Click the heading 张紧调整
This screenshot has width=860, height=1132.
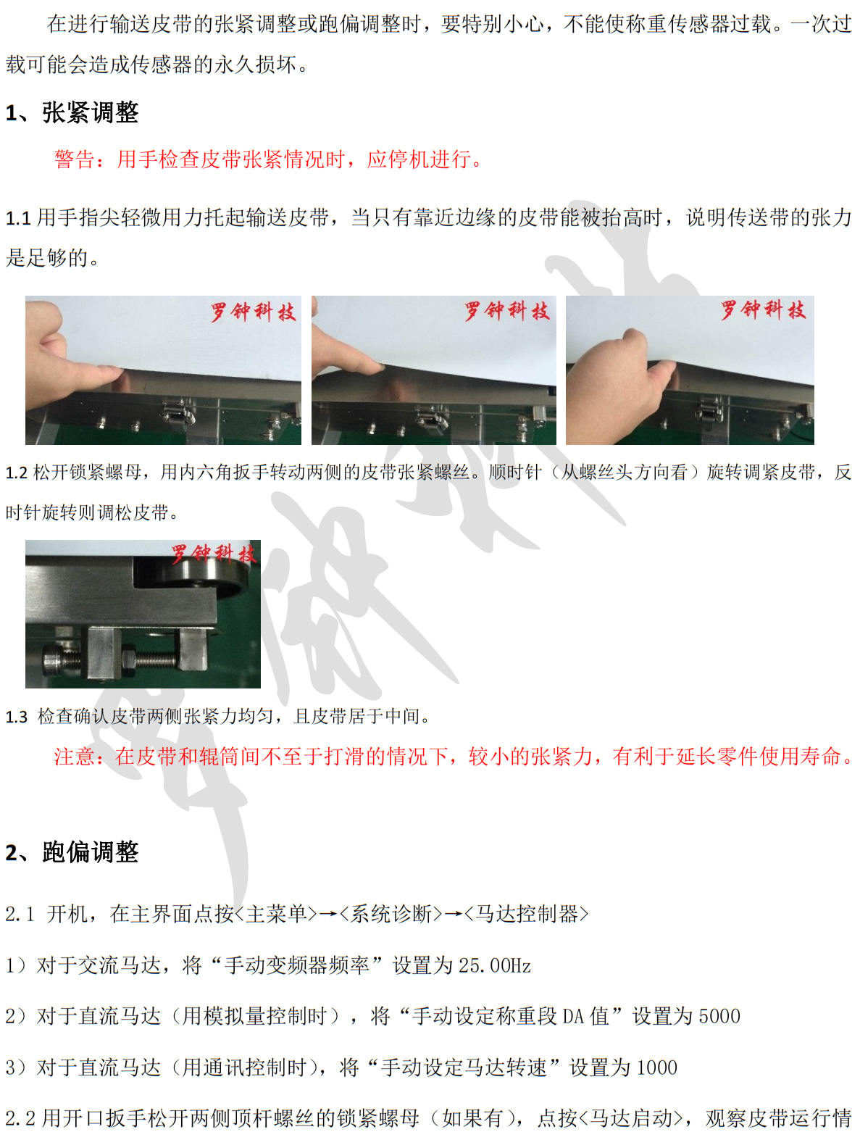pyautogui.click(x=90, y=112)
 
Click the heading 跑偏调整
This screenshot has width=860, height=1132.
pyautogui.click(x=90, y=852)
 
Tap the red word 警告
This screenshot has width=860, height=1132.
pyautogui.click(x=75, y=159)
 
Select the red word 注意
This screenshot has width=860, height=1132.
pyautogui.click(x=75, y=757)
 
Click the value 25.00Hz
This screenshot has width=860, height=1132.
pyautogui.click(x=495, y=965)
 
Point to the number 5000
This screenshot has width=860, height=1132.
pyautogui.click(x=720, y=1016)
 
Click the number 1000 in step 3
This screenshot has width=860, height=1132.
pyautogui.click(x=657, y=1068)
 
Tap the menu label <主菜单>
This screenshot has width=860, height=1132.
pyautogui.click(x=276, y=914)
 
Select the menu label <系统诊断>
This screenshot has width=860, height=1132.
pyautogui.click(x=391, y=914)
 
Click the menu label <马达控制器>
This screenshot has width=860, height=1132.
pyautogui.click(x=527, y=914)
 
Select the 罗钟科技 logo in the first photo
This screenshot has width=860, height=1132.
pyautogui.click(x=254, y=312)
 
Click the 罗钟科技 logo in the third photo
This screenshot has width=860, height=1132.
pyautogui.click(x=763, y=310)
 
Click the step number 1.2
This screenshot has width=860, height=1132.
pyautogui.click(x=17, y=473)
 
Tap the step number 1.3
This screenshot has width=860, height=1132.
pyautogui.click(x=17, y=717)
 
